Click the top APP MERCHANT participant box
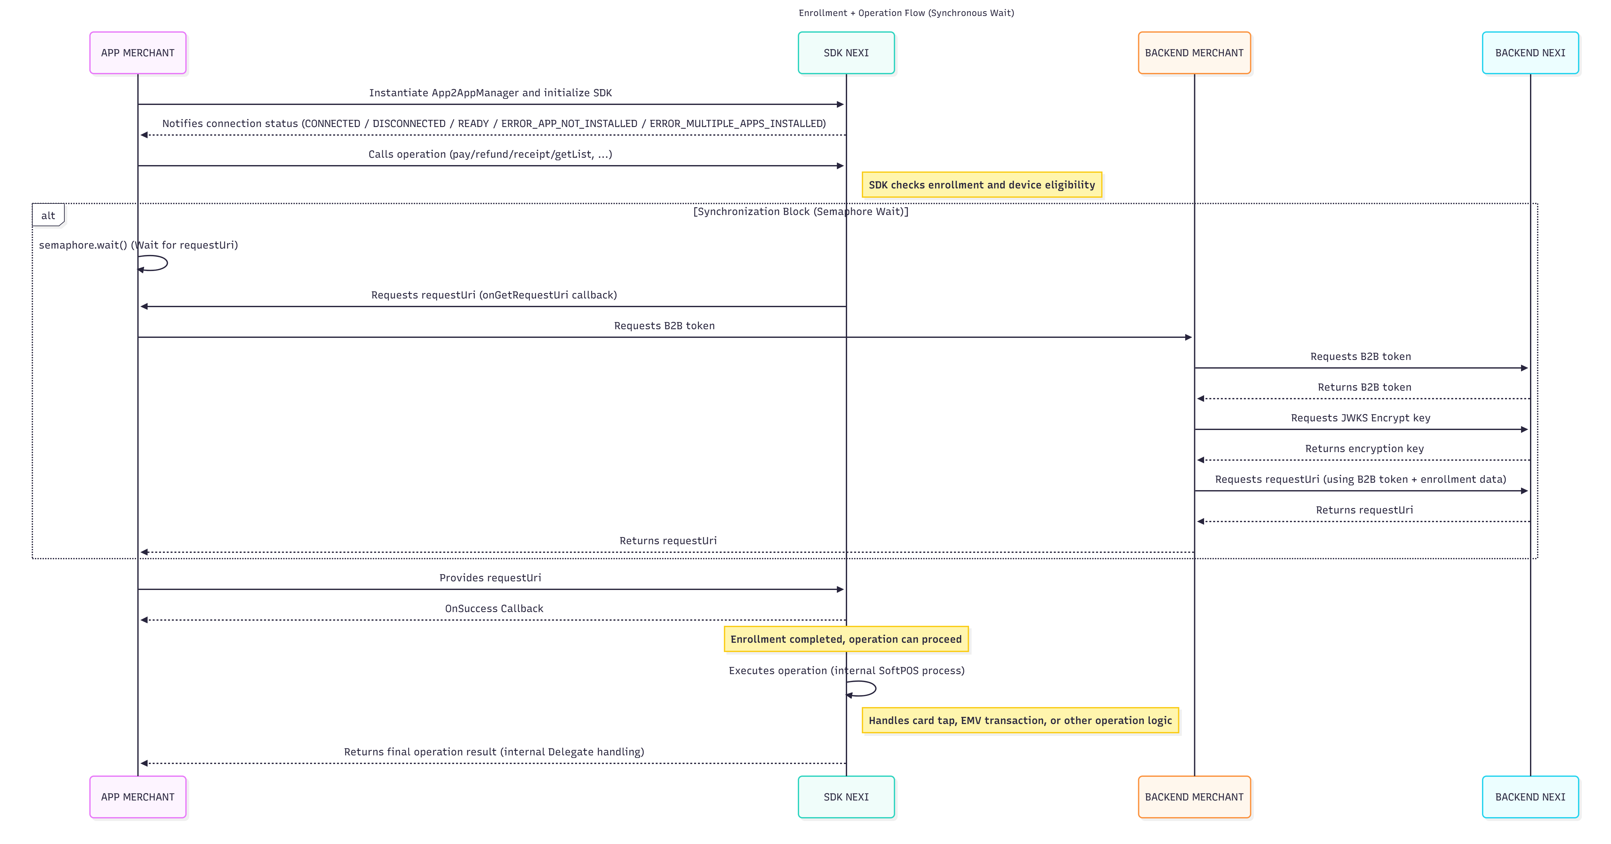pyautogui.click(x=138, y=52)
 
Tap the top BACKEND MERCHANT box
pyautogui.click(x=1194, y=52)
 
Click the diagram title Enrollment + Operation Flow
pyautogui.click(x=906, y=12)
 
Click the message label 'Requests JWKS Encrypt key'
pyautogui.click(x=1360, y=418)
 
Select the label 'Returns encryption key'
pyautogui.click(x=1364, y=448)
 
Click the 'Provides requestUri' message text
pyautogui.click(x=490, y=578)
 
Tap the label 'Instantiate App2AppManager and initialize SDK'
pyautogui.click(x=490, y=92)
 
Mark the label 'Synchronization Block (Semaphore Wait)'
pyautogui.click(x=800, y=211)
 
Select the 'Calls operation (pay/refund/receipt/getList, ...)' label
pyautogui.click(x=490, y=154)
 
